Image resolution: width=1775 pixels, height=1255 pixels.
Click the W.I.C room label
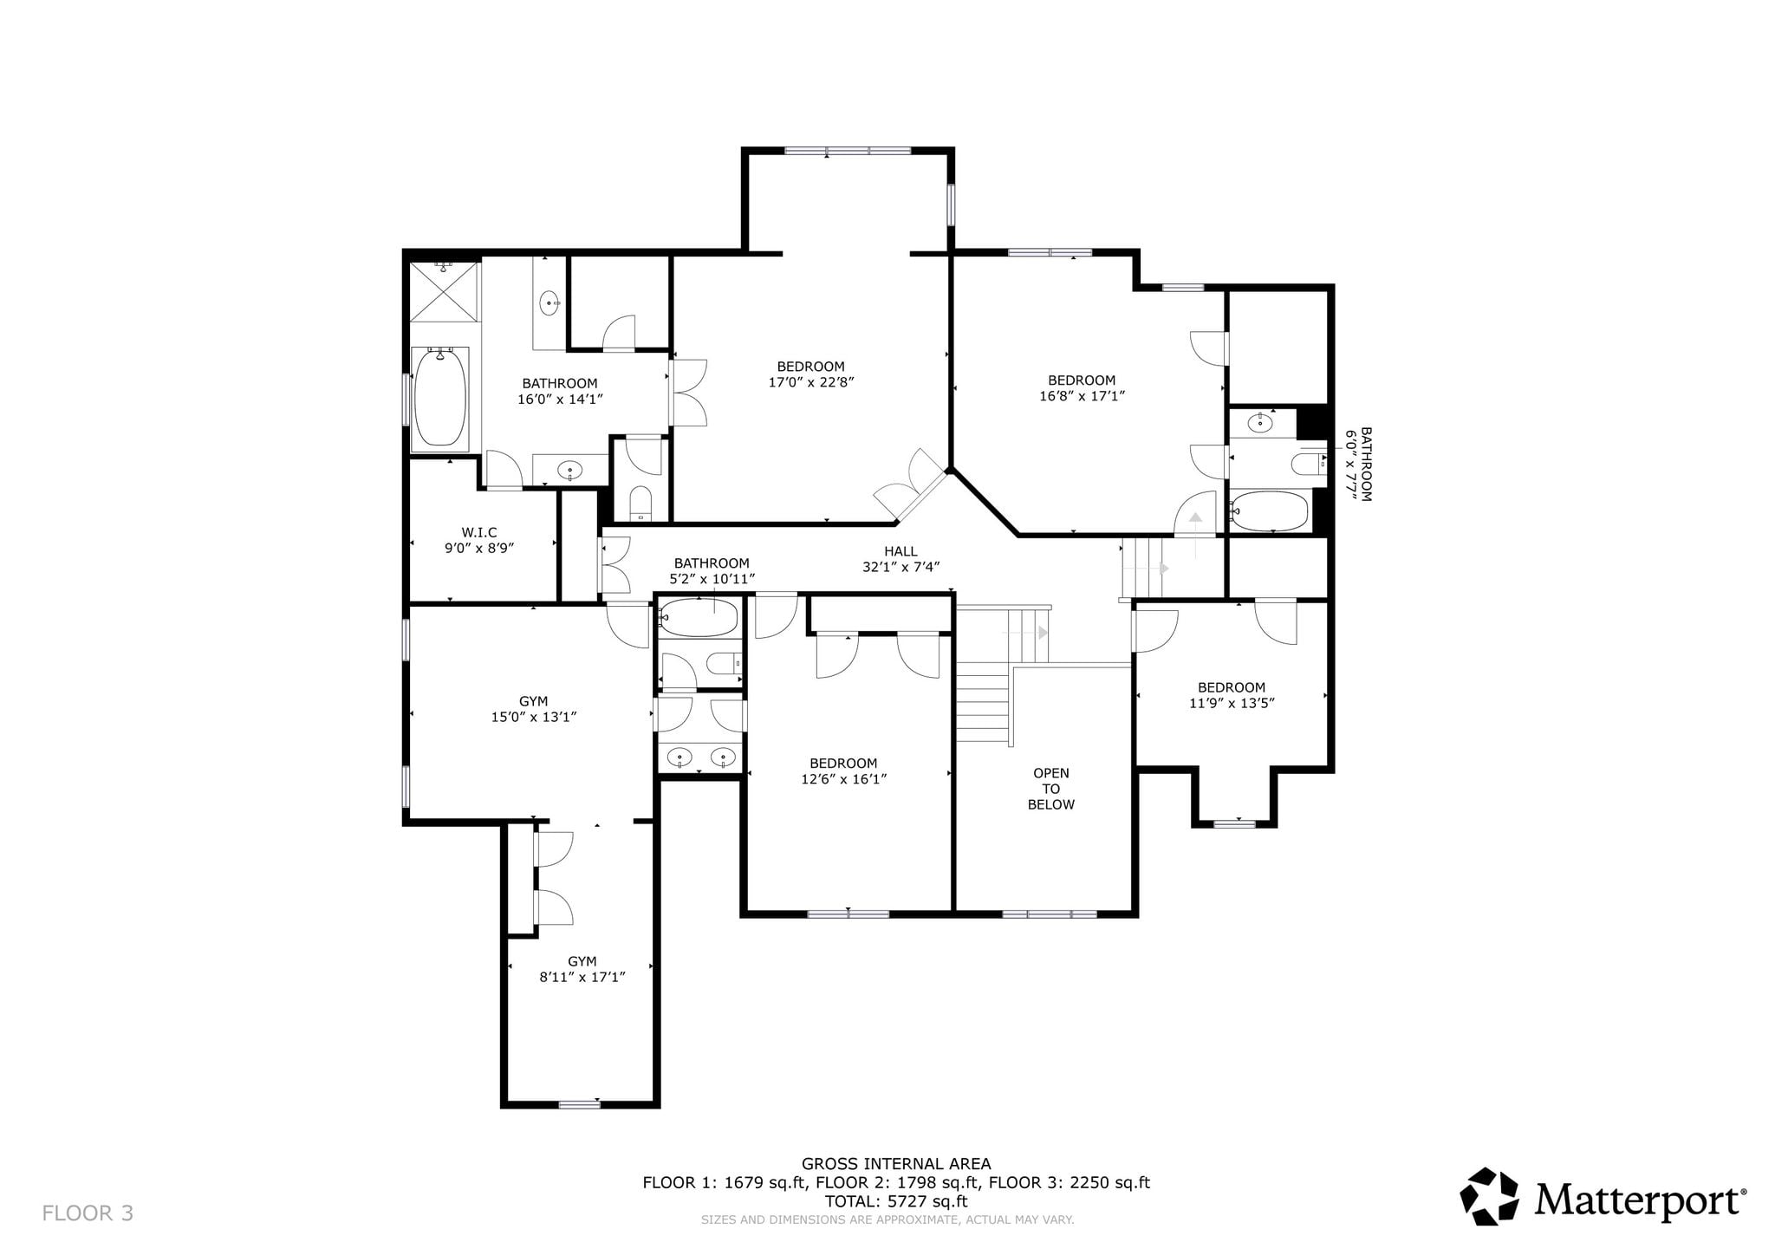click(479, 532)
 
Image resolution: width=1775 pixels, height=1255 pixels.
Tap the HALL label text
click(901, 551)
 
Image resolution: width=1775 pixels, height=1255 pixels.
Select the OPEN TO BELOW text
click(1051, 789)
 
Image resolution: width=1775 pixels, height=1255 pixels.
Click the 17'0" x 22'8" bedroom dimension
click(811, 381)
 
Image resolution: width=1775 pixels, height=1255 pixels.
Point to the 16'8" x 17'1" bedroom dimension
click(1082, 395)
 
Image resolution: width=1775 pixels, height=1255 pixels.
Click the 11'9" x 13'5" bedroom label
click(1232, 703)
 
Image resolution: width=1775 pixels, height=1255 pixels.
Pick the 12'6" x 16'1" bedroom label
click(843, 778)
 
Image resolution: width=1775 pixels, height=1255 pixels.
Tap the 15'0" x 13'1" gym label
click(534, 717)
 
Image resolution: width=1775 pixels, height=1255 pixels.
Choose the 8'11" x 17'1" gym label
click(582, 977)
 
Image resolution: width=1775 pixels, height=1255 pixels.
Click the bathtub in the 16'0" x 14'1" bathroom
click(440, 398)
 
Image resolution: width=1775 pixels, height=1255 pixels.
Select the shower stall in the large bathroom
click(444, 291)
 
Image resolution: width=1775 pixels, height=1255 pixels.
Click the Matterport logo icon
click(1490, 1197)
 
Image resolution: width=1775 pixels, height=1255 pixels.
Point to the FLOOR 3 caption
click(88, 1213)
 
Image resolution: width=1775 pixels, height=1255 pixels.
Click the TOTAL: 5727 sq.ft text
click(896, 1201)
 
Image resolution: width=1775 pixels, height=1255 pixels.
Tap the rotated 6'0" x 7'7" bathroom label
click(1358, 464)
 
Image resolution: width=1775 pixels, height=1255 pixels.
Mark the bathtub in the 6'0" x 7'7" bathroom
click(1270, 511)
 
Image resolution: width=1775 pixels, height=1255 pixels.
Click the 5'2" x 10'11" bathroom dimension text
click(712, 578)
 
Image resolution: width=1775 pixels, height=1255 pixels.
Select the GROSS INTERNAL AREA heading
click(896, 1164)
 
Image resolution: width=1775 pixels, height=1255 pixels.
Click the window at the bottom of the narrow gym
click(580, 1104)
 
